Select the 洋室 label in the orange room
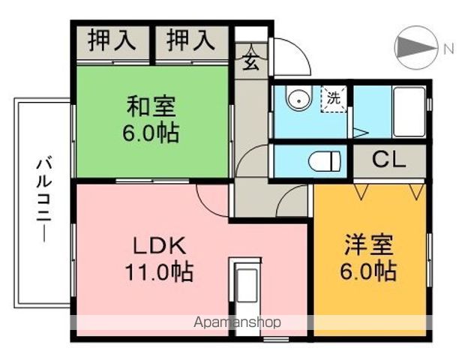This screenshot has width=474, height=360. click(370, 245)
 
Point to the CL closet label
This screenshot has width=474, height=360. click(388, 160)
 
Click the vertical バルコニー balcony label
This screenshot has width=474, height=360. click(43, 197)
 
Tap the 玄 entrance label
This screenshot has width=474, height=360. click(251, 63)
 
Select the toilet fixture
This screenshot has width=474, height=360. click(325, 160)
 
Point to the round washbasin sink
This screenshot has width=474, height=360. click(298, 98)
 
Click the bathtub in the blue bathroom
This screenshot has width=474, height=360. click(409, 112)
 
